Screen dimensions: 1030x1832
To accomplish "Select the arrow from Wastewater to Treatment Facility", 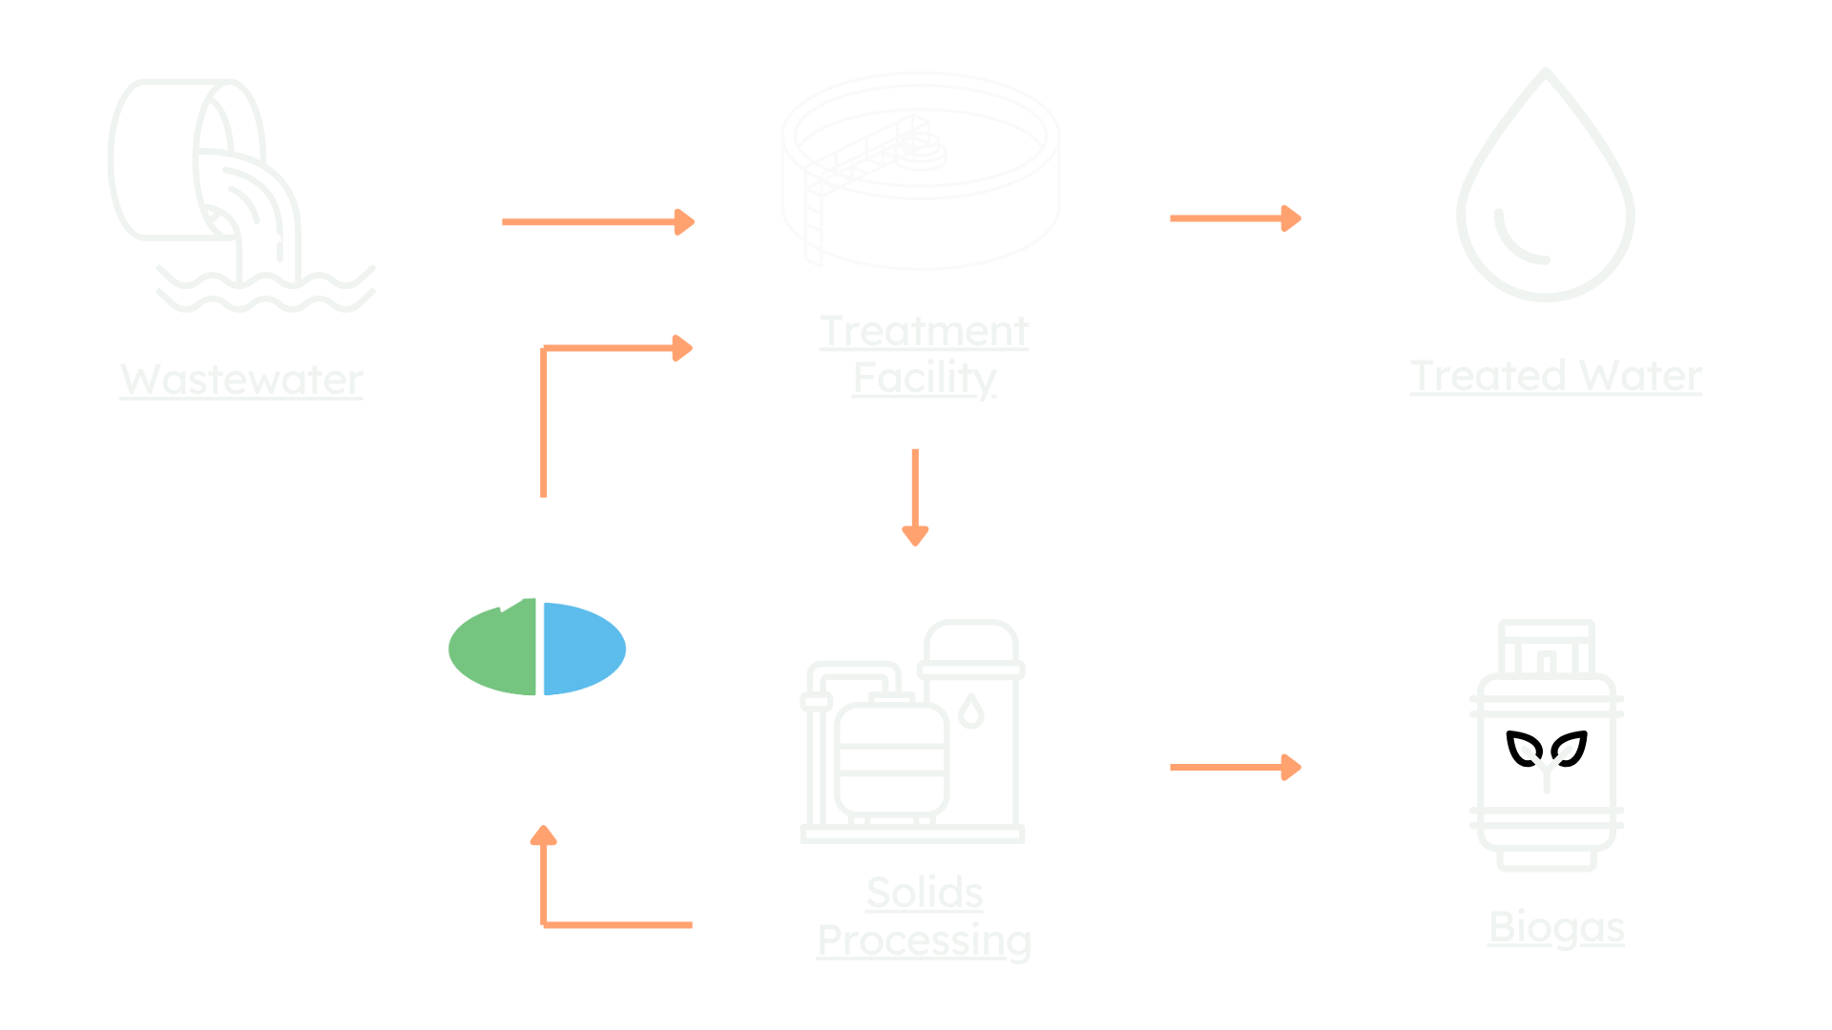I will (x=598, y=222).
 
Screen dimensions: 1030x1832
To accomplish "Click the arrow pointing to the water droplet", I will (x=1235, y=218).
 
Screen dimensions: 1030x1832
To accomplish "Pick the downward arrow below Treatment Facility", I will (x=915, y=496).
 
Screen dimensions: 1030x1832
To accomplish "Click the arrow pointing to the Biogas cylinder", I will (x=1235, y=767).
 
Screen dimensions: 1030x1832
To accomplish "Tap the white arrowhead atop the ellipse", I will (x=510, y=602).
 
